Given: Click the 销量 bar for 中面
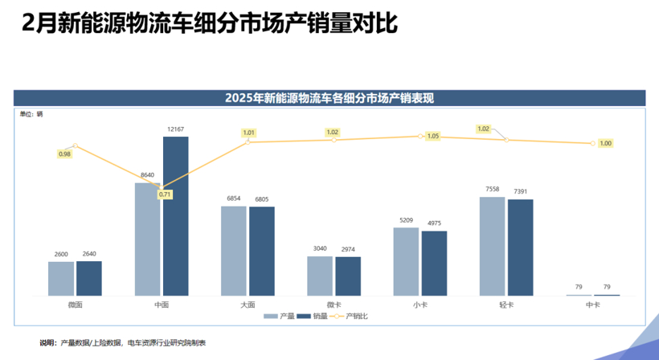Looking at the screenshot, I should (x=175, y=215).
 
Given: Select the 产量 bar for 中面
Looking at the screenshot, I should (x=147, y=239).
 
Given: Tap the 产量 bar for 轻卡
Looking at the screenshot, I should (x=492, y=246).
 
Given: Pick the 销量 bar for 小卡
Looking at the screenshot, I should (x=434, y=263).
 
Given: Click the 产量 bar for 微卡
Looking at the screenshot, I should (x=319, y=276).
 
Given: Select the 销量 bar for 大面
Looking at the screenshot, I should (x=261, y=251).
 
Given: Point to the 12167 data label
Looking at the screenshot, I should (x=175, y=129).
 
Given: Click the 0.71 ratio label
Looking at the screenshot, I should (x=165, y=194).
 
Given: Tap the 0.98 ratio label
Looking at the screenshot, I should (x=64, y=153).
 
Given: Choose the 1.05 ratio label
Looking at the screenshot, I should (x=433, y=136).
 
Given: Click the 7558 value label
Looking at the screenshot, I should (x=492, y=190).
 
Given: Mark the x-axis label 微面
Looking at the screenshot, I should (x=75, y=305).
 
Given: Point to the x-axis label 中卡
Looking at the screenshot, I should (x=593, y=305).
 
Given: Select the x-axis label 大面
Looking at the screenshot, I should (x=248, y=305).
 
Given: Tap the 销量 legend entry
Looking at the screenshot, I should (x=313, y=317).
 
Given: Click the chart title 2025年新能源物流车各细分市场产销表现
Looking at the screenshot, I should (x=329, y=98).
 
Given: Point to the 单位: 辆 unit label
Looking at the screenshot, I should (x=31, y=113).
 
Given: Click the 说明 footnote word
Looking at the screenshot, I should (x=48, y=343).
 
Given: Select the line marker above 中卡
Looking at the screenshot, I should (x=593, y=144).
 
